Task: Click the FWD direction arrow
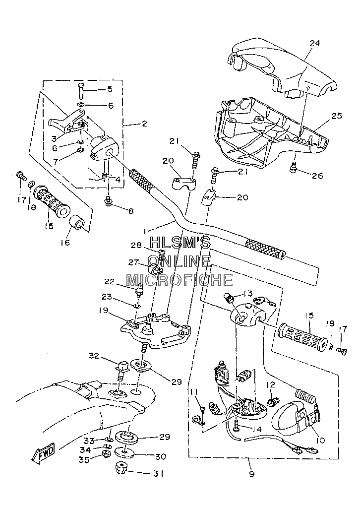point(43,453)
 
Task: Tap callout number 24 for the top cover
point(314,43)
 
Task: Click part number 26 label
point(317,176)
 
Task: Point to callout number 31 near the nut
point(158,474)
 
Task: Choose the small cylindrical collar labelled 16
point(78,223)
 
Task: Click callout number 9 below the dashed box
point(251,474)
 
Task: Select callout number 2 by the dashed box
point(144,123)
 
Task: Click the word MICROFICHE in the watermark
point(180,280)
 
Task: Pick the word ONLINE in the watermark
point(180,260)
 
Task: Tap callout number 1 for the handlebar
point(145,231)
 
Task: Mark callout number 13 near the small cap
point(247,293)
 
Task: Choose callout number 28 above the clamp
point(136,245)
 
